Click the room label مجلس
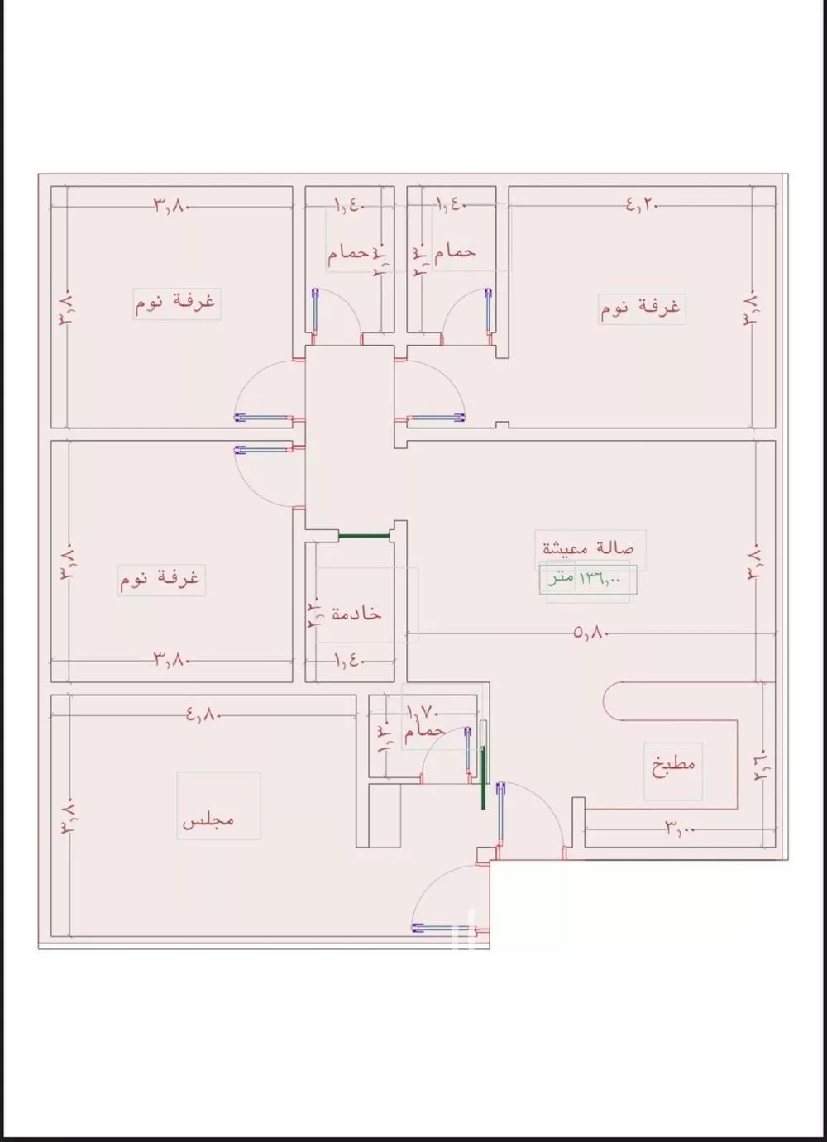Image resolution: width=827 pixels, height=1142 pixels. [x=208, y=819]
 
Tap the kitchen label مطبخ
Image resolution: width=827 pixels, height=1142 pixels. [x=673, y=762]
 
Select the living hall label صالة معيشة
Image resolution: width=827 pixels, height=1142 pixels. [x=588, y=547]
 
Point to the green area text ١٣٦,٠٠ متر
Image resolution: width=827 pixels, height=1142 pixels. [x=583, y=579]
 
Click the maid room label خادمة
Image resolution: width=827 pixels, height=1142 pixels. [x=356, y=613]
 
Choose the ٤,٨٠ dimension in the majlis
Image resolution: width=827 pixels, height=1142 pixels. [x=203, y=713]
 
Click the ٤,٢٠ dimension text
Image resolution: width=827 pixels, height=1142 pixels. [x=642, y=205]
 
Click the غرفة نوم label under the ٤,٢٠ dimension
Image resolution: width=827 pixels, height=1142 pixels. [x=640, y=308]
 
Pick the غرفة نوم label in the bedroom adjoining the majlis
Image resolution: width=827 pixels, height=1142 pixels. [x=160, y=578]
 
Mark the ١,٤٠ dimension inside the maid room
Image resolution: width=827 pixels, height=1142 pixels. [x=348, y=659]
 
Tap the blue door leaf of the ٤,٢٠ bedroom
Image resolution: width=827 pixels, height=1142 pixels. [x=437, y=418]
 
